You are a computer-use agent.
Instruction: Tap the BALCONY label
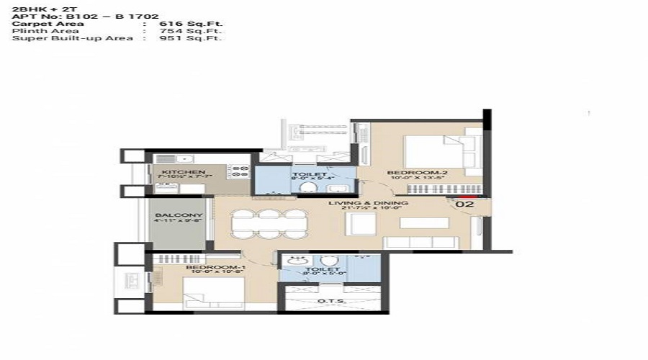coord(178,215)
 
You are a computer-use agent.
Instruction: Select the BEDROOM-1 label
coord(206,268)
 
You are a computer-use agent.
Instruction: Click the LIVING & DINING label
coord(368,203)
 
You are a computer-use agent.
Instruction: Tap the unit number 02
coord(464,204)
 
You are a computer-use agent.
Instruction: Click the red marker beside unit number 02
coord(467,194)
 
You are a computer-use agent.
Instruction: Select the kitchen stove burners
coord(238,171)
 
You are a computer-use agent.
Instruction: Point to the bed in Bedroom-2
coord(436,153)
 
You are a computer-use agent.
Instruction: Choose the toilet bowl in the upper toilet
coord(307,187)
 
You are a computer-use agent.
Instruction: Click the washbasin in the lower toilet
coord(294,260)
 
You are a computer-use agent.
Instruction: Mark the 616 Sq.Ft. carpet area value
coord(183,24)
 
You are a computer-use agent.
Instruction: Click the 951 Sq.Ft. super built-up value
coord(183,38)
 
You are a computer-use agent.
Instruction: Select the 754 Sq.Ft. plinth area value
coord(183,31)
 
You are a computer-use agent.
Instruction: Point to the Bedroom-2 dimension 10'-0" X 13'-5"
coord(408,179)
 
